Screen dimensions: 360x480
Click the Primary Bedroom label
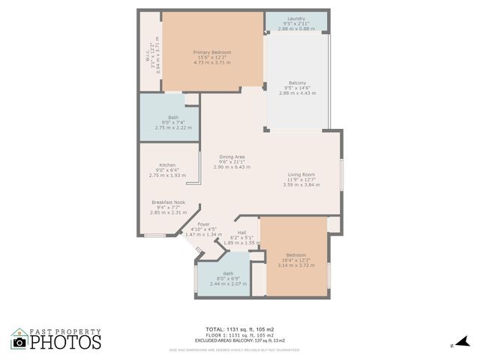[x=211, y=52]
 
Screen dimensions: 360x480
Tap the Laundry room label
[x=295, y=18]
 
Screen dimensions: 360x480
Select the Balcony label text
[x=297, y=82]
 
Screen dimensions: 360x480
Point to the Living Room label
[x=301, y=175]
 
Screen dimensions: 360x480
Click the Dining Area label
[x=232, y=156]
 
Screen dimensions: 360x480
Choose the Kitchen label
[x=167, y=165]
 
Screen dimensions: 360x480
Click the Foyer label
[x=204, y=223]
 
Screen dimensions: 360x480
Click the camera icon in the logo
[x=19, y=342]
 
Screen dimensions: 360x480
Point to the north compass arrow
[x=463, y=341]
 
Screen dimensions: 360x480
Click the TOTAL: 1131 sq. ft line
[x=239, y=329]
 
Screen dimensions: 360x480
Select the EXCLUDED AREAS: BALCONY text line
[x=239, y=340]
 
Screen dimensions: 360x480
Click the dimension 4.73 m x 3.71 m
[x=211, y=62]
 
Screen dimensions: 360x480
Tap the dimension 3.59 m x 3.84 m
[x=301, y=184]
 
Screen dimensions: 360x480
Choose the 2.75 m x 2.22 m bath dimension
[x=173, y=127]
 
